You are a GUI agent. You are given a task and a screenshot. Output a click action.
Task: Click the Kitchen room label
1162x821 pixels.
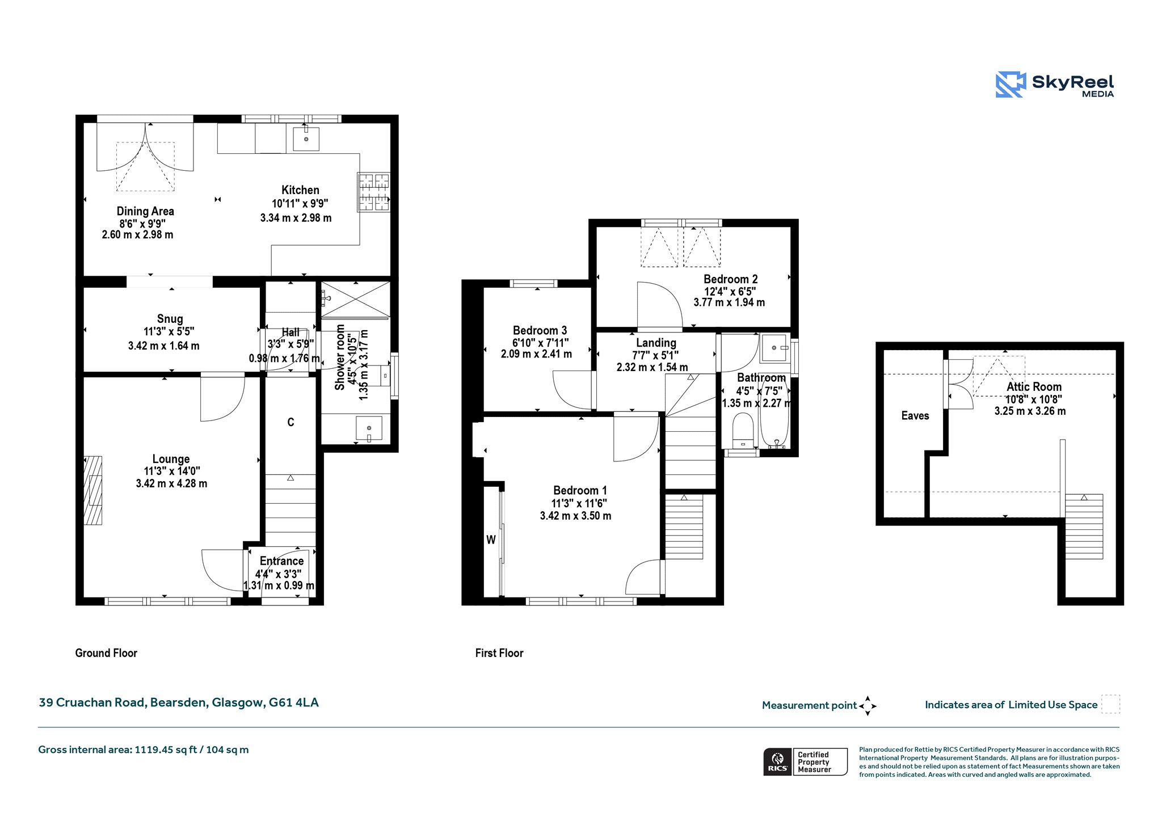(x=300, y=190)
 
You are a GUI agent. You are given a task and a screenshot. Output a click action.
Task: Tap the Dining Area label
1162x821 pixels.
(x=145, y=211)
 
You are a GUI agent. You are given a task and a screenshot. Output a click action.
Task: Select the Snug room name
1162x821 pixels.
(x=170, y=319)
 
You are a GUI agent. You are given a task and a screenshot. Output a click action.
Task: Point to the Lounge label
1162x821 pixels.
(x=171, y=459)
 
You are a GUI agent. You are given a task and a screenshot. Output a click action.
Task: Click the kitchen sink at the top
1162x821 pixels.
(x=306, y=138)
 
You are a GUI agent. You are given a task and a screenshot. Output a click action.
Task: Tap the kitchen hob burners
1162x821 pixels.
(x=374, y=192)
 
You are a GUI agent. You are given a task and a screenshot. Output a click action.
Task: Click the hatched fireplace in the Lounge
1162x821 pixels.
(x=93, y=490)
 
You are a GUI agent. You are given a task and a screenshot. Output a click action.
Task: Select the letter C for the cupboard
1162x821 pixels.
(x=290, y=422)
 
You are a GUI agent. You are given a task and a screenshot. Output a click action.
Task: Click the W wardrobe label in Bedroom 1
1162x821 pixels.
(x=491, y=540)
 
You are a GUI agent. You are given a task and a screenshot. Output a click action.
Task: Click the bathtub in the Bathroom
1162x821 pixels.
(x=774, y=411)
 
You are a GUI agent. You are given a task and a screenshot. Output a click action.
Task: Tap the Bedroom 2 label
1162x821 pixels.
(x=730, y=279)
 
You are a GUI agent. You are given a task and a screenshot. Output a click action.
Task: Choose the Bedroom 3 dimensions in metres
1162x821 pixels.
(x=536, y=354)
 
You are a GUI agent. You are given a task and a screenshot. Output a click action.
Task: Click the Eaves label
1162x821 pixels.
(x=915, y=416)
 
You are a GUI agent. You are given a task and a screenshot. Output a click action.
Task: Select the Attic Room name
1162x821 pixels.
(x=1034, y=387)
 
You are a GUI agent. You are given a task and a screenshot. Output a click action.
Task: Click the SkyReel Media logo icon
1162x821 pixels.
(x=1011, y=85)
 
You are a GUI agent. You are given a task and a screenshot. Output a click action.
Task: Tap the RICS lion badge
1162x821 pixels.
(x=777, y=761)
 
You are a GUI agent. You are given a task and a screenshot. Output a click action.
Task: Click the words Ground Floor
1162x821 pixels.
(x=106, y=653)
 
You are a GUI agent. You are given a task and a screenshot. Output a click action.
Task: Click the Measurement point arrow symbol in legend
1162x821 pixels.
(x=868, y=706)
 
